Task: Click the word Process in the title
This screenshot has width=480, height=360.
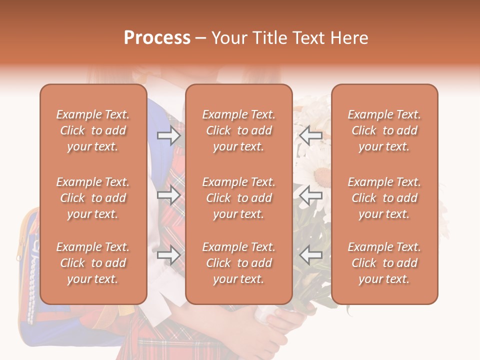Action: (157, 37)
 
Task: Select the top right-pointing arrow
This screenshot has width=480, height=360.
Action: (168, 135)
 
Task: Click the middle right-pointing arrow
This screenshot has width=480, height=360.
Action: (168, 195)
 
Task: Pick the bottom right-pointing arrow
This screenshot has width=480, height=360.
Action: (168, 255)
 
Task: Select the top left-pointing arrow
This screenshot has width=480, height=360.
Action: (311, 135)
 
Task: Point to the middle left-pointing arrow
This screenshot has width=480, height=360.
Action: (311, 195)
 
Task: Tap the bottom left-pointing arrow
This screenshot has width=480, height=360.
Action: (311, 255)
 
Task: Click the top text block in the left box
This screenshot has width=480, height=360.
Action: (93, 130)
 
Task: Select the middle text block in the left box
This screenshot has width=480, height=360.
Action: (93, 198)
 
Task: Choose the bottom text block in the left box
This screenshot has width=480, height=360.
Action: (93, 263)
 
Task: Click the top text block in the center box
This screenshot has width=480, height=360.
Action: (238, 130)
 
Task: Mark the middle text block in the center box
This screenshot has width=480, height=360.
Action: (238, 198)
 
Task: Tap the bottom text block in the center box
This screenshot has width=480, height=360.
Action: (238, 263)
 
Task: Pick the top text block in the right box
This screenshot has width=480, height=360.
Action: (384, 130)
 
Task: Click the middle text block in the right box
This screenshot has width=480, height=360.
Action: (384, 198)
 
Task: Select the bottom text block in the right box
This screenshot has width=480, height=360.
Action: (384, 263)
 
